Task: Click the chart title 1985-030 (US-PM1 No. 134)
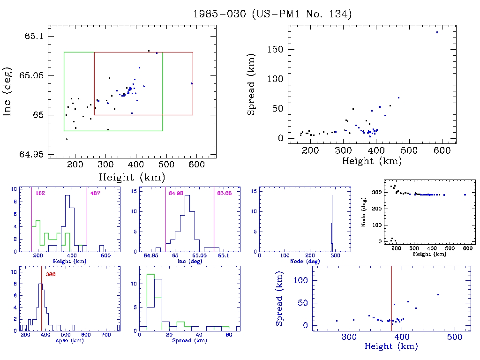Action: click(272, 14)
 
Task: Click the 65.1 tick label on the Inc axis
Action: click(35, 36)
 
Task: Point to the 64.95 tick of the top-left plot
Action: click(35, 155)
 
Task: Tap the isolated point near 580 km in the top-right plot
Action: click(437, 32)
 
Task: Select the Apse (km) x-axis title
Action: click(68, 341)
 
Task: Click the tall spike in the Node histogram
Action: click(332, 220)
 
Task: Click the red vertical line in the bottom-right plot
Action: click(392, 300)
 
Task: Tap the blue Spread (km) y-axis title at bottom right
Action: click(279, 304)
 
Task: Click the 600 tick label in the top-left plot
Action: click(197, 165)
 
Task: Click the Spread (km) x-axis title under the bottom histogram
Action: click(189, 341)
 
